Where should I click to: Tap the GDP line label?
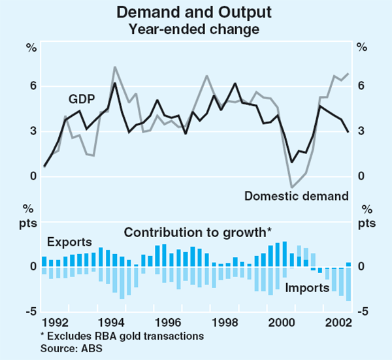point(83,99)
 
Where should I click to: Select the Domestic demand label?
point(296,195)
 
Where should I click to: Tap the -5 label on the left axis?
point(29,312)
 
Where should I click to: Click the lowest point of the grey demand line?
point(292,188)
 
